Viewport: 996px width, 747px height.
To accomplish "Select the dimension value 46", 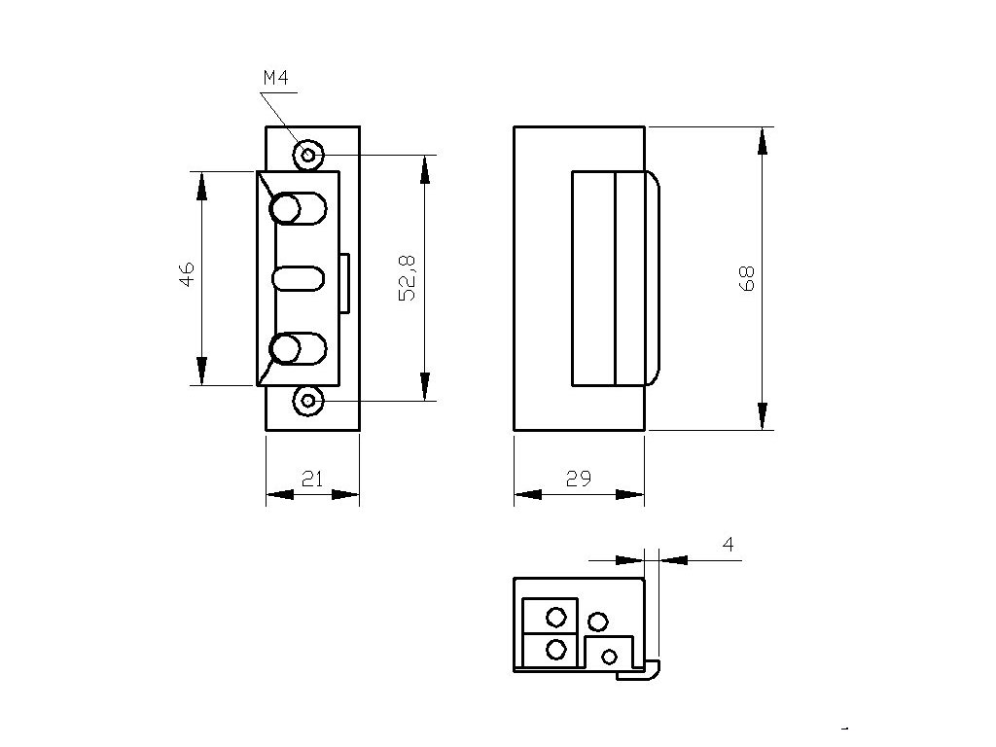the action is pos(188,274).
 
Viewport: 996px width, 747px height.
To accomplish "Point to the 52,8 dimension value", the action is pos(408,276).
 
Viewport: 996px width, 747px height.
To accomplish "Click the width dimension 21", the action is pos(312,478).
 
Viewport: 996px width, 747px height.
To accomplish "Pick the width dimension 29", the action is pos(577,478).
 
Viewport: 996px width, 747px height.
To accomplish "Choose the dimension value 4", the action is pos(728,545).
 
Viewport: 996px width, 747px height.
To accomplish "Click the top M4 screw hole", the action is pos(309,155).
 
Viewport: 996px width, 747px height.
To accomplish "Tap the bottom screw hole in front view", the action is pos(309,400).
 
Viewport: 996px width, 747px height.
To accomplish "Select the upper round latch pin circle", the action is pos(286,209).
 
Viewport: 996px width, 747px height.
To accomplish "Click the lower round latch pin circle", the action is pos(286,348).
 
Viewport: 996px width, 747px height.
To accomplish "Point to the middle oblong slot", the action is pos(298,278).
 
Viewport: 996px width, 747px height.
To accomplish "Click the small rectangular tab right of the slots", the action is pos(345,283).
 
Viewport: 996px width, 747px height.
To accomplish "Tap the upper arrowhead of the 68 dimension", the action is pos(762,141).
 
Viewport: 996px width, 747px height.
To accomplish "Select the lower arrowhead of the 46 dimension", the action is pos(201,372).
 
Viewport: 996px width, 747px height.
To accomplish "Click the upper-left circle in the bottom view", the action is pos(556,617).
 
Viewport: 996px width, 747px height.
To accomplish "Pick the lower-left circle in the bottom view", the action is pos(556,649).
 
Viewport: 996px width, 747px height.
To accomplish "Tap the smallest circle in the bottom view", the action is pos(610,657).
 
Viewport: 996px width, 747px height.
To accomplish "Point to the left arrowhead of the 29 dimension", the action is pos(526,495).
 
